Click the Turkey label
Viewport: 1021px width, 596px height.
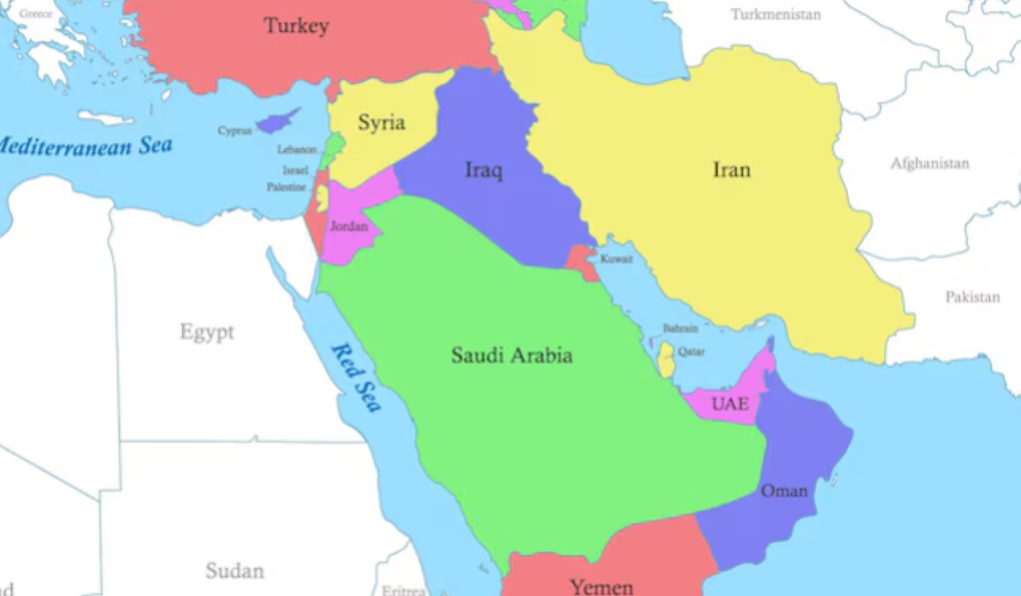point(295,26)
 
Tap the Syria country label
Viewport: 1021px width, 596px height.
point(380,123)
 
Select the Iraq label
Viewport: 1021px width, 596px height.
point(483,170)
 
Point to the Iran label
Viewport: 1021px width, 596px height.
point(732,170)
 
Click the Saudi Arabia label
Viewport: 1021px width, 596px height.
point(511,355)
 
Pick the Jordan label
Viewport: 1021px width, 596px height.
point(349,226)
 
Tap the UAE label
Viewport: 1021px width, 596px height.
point(730,404)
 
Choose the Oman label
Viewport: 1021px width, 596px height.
point(784,490)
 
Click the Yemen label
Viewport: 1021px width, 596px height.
point(602,587)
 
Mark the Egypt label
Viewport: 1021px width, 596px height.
point(207,332)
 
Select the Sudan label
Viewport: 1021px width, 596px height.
point(234,570)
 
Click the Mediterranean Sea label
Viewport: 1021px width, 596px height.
point(85,145)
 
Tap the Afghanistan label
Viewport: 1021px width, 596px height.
point(930,163)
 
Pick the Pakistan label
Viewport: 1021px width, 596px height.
point(973,297)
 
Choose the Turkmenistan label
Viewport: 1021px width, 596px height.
point(776,14)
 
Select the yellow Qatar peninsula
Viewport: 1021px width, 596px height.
point(666,360)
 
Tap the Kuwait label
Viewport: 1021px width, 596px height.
point(616,259)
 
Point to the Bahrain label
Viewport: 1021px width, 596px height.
point(681,329)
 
